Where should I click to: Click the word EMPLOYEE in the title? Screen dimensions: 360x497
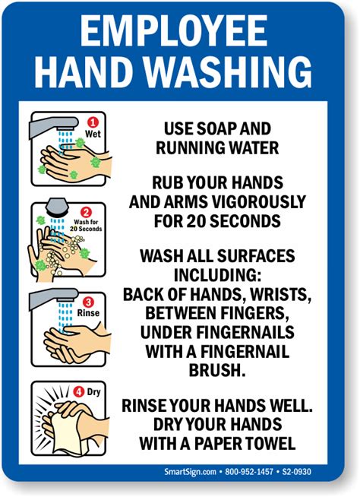[174, 30]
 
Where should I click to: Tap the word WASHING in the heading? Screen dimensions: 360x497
[229, 72]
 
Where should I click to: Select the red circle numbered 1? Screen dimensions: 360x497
[93, 122]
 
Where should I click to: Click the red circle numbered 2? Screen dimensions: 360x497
[86, 212]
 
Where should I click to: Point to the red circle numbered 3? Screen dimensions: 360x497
[88, 302]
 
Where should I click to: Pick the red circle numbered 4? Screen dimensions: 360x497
[78, 392]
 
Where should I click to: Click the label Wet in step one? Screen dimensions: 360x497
[93, 134]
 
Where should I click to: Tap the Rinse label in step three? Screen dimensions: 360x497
[88, 313]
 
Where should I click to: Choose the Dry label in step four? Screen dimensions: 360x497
[94, 392]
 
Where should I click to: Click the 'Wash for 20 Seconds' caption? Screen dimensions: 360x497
[86, 226]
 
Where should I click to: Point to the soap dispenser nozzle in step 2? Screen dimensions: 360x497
[57, 207]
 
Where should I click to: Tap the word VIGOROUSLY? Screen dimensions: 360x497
[258, 202]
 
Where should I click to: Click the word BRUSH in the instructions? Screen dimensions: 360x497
[217, 369]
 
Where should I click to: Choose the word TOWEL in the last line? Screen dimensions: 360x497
[272, 443]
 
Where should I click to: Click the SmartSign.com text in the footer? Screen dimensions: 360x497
[190, 471]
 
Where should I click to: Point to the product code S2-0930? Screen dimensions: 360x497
[297, 472]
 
